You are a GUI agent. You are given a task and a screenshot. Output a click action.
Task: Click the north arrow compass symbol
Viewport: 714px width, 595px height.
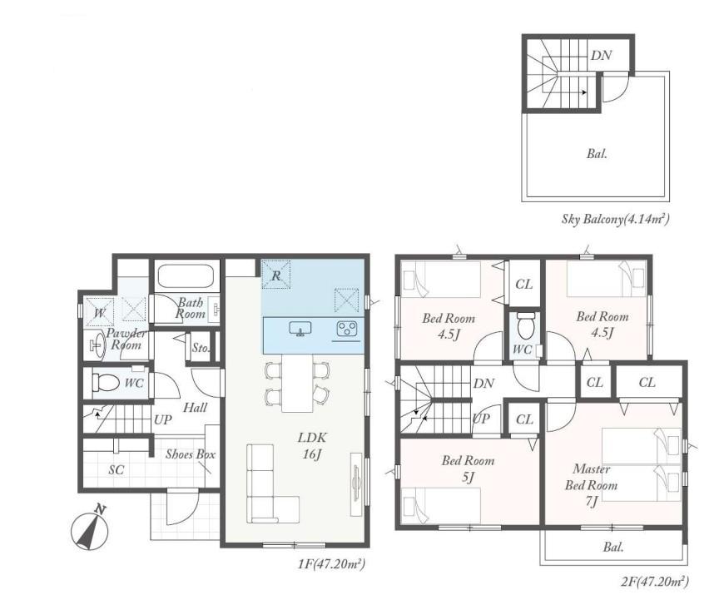click(90, 528)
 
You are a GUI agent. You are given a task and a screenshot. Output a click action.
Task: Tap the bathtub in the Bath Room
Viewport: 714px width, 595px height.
click(186, 276)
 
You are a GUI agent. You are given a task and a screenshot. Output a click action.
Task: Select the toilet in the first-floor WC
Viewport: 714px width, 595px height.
click(107, 383)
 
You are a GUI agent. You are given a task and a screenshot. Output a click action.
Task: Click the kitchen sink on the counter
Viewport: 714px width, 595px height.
click(300, 329)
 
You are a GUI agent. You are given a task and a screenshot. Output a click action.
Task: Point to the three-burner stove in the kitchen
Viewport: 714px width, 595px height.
click(347, 329)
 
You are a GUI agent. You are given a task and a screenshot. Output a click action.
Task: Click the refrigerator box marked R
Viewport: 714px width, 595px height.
click(276, 275)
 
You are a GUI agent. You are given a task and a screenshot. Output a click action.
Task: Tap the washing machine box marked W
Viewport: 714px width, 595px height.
click(99, 313)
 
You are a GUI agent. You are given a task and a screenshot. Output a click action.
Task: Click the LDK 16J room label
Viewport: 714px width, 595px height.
click(312, 446)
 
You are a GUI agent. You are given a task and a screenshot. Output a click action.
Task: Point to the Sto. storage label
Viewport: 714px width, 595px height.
click(201, 348)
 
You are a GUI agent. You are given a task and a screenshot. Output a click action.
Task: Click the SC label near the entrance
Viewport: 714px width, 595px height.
click(117, 470)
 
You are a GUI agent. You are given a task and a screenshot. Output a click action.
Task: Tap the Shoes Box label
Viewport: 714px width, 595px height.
click(190, 454)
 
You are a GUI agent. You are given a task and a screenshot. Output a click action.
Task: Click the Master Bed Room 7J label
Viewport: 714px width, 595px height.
click(591, 485)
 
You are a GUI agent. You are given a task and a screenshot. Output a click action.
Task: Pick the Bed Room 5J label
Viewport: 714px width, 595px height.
click(469, 469)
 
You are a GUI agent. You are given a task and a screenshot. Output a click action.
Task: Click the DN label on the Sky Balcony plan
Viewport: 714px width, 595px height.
click(601, 55)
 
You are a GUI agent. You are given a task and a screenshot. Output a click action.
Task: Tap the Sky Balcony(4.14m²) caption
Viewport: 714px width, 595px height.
click(615, 219)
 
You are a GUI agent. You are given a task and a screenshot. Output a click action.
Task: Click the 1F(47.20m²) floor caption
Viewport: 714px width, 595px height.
click(331, 564)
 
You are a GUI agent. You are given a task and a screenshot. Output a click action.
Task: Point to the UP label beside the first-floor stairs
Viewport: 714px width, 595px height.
click(162, 419)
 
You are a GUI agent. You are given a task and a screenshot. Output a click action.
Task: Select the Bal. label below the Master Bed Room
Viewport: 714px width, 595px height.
click(613, 547)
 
